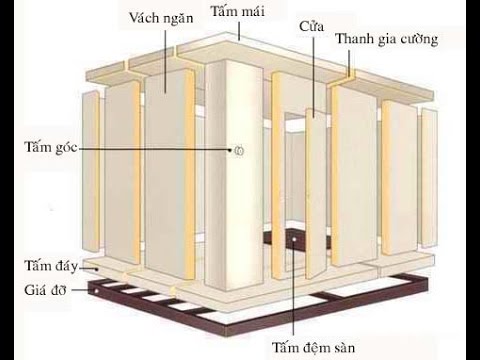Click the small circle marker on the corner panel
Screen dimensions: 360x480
click(x=238, y=150)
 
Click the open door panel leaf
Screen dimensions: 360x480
click(x=316, y=195)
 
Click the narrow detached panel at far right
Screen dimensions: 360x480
click(x=429, y=180)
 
